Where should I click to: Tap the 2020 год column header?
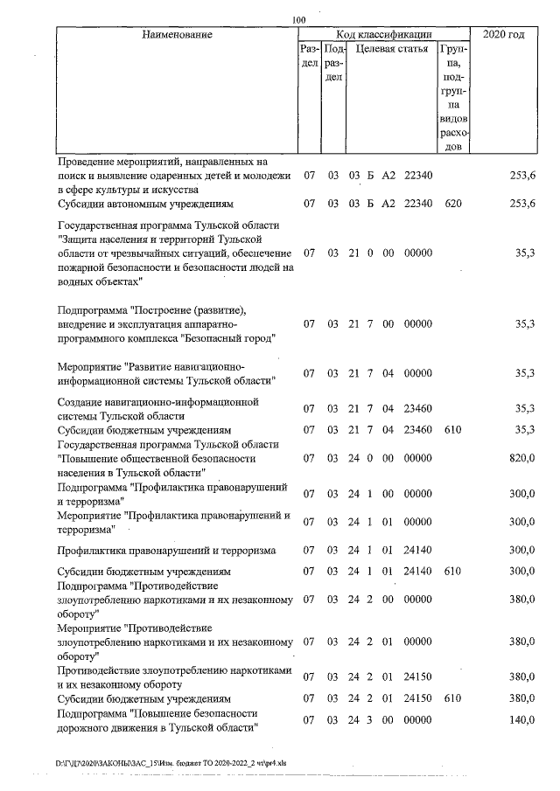(x=503, y=34)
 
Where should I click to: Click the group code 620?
(x=452, y=204)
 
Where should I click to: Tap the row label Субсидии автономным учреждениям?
(x=145, y=204)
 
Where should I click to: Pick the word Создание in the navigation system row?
(x=81, y=402)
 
